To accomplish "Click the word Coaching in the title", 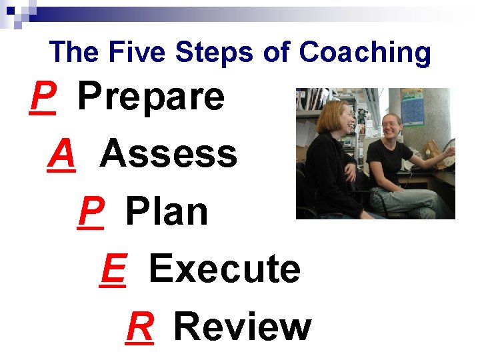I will pos(365,53).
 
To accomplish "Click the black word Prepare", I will pos(151,98).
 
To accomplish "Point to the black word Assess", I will pos(168,155).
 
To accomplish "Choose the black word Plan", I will pos(167,212).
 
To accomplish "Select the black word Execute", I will pos(225,269).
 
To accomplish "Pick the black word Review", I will pos(242,327).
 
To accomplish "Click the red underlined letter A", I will pos(62,155).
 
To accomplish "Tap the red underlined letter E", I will pos(113,269).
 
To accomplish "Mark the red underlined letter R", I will pos(140,327).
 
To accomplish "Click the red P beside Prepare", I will pos(43,97).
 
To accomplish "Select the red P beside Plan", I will pos(91,212).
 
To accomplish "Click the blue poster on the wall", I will pos(412,107).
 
